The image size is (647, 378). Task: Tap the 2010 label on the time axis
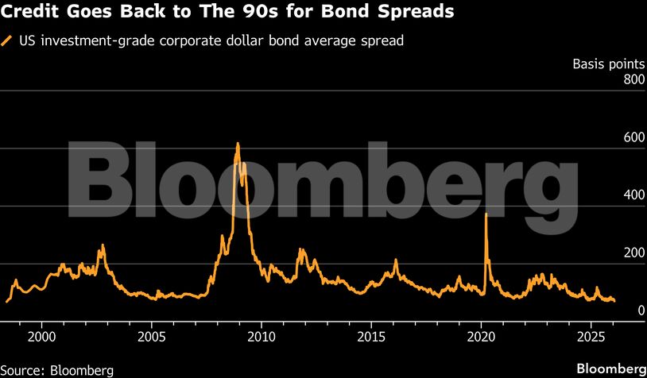coord(262,336)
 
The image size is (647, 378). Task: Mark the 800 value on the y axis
coord(633,79)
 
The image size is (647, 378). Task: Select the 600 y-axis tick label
coord(633,137)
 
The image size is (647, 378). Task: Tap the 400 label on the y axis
coord(633,195)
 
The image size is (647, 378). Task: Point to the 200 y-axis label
coord(633,253)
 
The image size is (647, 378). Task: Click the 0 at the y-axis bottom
coord(640,310)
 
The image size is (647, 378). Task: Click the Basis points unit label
coord(608,64)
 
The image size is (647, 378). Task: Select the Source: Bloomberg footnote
coord(57,369)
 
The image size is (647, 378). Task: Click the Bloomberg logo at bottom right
coord(610,369)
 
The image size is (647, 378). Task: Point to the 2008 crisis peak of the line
coord(238,144)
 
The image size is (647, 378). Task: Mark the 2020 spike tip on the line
coord(486,214)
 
